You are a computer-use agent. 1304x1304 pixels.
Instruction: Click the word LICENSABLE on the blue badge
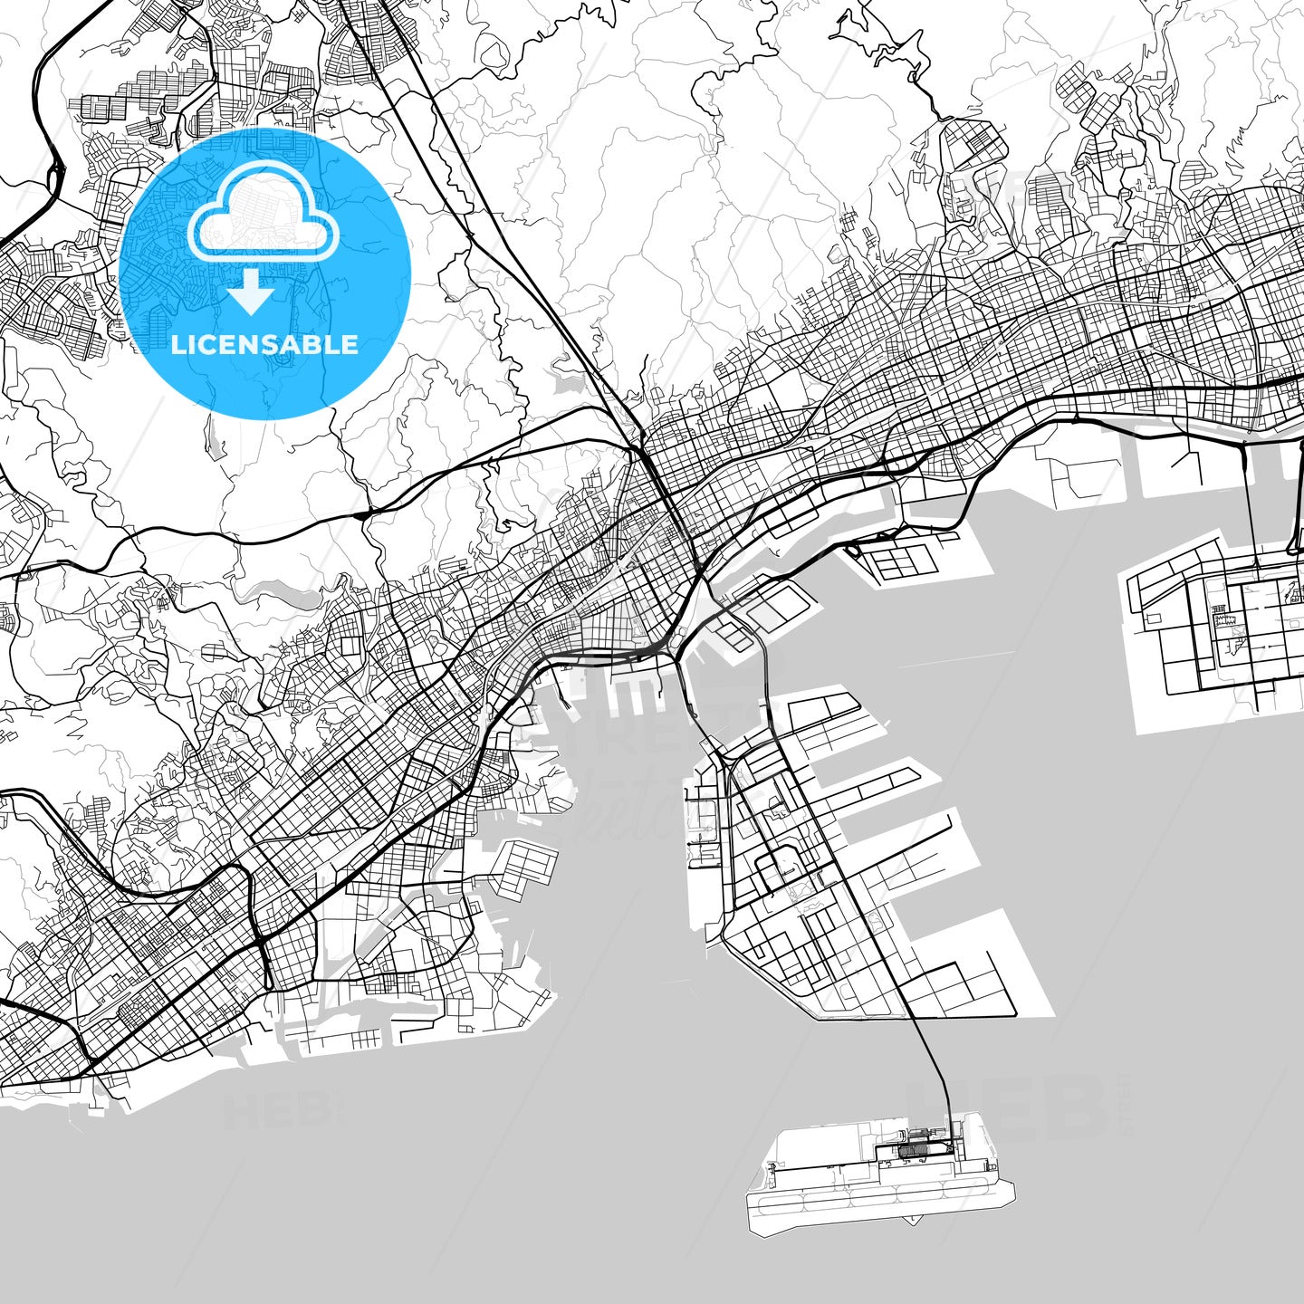(264, 344)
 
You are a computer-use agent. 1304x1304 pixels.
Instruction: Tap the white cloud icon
(264, 217)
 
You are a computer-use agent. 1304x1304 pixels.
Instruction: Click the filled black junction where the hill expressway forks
(362, 514)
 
